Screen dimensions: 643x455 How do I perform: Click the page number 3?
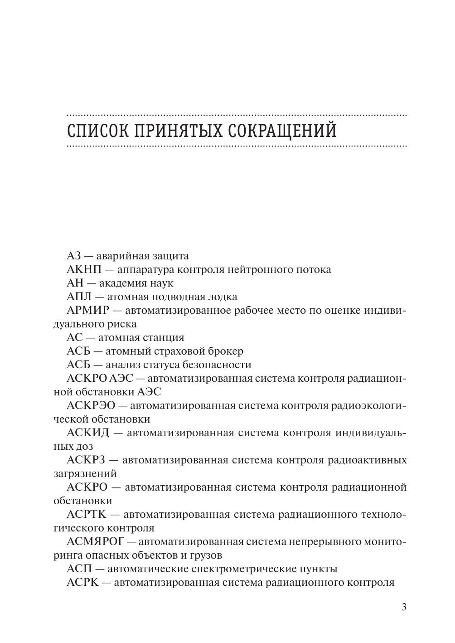404,607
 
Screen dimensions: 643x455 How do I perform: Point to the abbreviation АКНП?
85,270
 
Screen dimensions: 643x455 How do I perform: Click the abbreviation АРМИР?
88,311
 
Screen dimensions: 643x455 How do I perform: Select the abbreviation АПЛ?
79,297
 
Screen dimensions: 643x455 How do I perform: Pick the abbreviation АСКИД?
88,433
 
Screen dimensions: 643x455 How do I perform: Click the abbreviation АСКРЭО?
91,406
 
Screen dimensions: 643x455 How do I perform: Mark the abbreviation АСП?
79,569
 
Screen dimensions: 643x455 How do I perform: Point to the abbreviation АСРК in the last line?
82,583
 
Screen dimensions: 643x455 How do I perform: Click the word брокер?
226,351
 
